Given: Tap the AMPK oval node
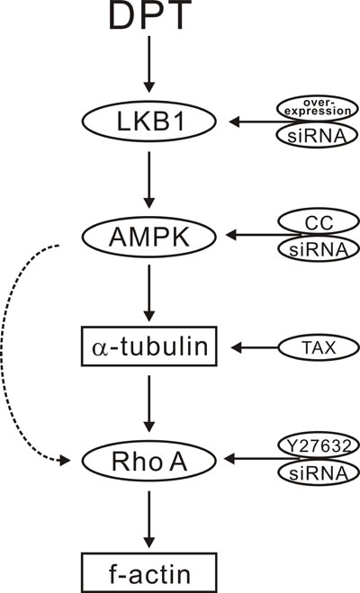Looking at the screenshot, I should pos(147,237).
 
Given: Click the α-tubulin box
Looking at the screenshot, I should pos(147,346).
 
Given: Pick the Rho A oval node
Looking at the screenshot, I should pos(147,461).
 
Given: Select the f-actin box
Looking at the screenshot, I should pos(147,570).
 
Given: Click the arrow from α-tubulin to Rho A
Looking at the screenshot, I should pos(147,402).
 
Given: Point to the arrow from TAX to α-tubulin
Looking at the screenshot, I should pos(256,346).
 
